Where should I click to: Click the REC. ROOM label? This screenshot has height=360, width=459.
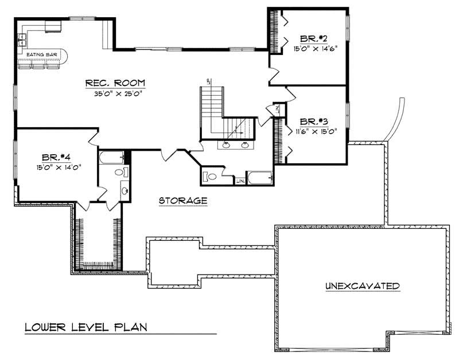[x=115, y=83]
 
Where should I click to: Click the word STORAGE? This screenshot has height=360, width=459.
[x=182, y=201]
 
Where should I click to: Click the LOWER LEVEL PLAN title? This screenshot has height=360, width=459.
[x=86, y=327]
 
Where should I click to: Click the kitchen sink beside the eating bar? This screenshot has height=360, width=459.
[x=22, y=39]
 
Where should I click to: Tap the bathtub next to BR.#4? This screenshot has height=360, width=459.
[x=112, y=157]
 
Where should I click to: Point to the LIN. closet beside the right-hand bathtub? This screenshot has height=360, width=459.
[x=240, y=181]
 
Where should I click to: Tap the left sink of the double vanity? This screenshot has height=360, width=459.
[x=227, y=144]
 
